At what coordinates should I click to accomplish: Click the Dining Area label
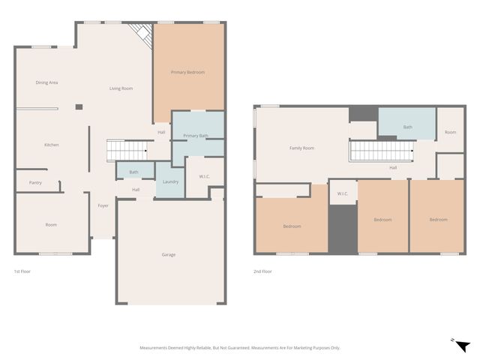[46, 82]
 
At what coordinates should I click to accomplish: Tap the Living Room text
[121, 88]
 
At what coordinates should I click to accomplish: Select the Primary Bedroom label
[187, 72]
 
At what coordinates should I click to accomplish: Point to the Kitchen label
[51, 145]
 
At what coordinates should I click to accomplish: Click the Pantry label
[35, 182]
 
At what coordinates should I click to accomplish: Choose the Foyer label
[103, 205]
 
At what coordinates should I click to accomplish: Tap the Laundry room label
[170, 181]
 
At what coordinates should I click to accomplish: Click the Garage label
[169, 254]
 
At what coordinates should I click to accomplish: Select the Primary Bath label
[196, 136]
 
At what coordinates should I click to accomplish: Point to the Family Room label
[301, 148]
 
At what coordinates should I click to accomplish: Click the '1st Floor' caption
[23, 271]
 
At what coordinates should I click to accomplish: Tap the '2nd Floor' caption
[262, 271]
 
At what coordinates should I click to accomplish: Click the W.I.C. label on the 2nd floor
[343, 194]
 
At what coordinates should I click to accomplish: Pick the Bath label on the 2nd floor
[407, 127]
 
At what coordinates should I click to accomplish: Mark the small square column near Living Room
[78, 107]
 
